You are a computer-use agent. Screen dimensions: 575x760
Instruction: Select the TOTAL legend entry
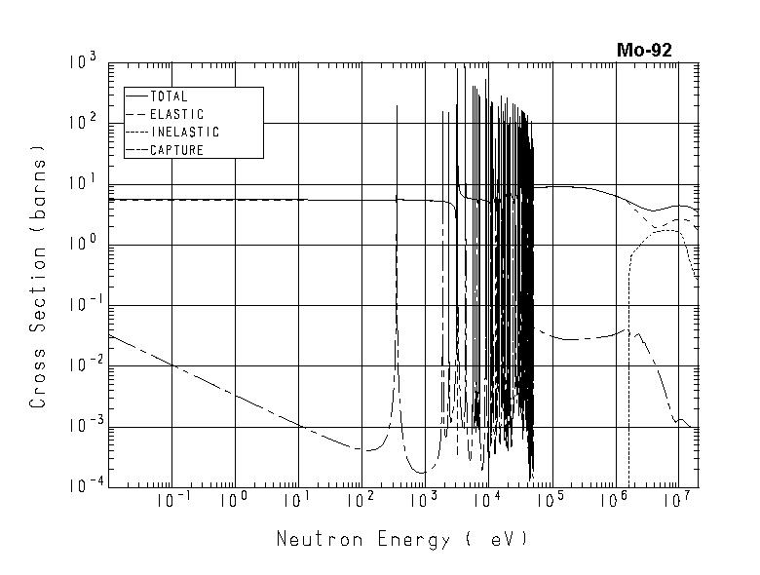168,96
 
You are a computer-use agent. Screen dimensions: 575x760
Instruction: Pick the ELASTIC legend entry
176,114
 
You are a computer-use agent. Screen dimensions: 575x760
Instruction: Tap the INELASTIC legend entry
184,133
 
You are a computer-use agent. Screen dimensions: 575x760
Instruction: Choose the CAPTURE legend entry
176,150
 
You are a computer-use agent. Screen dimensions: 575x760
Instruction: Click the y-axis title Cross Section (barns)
38,276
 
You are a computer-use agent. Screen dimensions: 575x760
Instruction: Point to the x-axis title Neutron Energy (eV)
402,539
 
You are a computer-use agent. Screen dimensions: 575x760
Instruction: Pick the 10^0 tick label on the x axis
235,501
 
